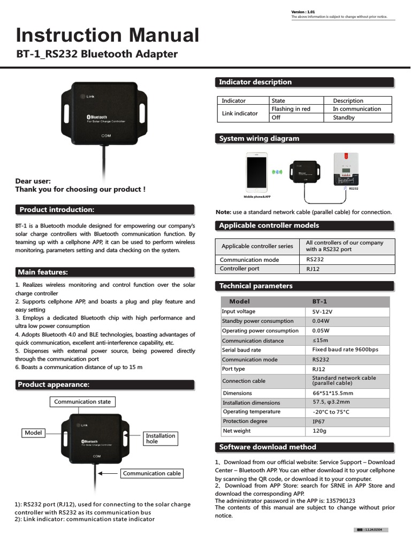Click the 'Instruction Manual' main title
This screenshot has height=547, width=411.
point(108,35)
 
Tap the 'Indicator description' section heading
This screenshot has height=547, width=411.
point(255,82)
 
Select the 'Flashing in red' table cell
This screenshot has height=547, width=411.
point(291,109)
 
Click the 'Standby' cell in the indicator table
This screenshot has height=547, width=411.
point(344,118)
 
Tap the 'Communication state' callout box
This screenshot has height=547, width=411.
point(82,402)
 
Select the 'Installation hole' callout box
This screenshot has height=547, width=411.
point(161,439)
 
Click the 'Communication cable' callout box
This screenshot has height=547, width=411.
point(152,473)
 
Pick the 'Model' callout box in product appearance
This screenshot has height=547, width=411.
point(33,433)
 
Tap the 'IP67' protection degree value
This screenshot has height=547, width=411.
point(318,421)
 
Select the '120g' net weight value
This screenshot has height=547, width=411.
point(319,431)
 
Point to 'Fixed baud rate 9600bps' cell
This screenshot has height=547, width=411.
point(345,350)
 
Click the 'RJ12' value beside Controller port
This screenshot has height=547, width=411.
point(313,269)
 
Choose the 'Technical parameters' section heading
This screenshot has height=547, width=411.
point(256,286)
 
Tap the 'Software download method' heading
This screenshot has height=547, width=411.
point(268,447)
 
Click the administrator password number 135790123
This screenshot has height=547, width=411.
point(336,501)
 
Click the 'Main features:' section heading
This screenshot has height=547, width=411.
point(43,272)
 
